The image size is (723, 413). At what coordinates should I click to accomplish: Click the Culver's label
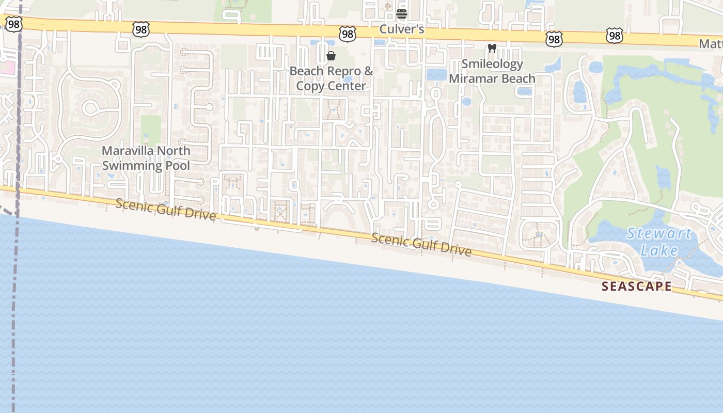[402, 29]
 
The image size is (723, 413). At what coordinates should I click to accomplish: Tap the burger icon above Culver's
[402, 14]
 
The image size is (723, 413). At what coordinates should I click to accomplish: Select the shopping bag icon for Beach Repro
[331, 56]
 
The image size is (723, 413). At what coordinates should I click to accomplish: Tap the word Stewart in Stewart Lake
[659, 234]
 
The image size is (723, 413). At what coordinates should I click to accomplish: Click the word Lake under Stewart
[659, 251]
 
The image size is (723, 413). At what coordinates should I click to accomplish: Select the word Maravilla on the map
[128, 151]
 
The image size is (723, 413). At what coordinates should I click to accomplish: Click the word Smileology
[492, 64]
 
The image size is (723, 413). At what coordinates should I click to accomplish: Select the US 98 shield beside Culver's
[348, 34]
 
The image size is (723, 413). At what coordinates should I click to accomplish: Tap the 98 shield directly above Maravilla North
[140, 29]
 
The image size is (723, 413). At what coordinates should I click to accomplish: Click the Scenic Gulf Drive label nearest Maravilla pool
[165, 209]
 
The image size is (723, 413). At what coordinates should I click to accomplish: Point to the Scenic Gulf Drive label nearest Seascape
[421, 245]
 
